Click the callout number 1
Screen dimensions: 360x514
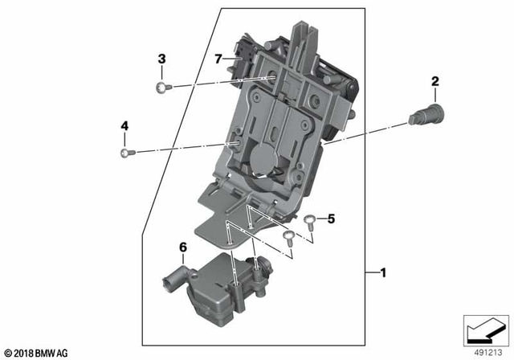click(x=384, y=273)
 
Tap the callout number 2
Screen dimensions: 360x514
click(x=435, y=80)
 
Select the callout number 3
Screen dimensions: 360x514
click(x=161, y=59)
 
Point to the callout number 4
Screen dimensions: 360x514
click(x=124, y=126)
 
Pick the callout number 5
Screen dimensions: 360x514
click(x=329, y=218)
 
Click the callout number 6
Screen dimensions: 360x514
click(x=183, y=249)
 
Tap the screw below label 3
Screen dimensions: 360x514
click(x=162, y=87)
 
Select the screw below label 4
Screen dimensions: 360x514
click(x=124, y=153)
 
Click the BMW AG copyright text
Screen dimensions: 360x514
click(x=35, y=353)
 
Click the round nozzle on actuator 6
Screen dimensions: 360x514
click(x=169, y=284)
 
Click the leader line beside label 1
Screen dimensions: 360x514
click(x=371, y=273)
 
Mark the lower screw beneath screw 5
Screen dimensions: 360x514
click(x=288, y=235)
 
